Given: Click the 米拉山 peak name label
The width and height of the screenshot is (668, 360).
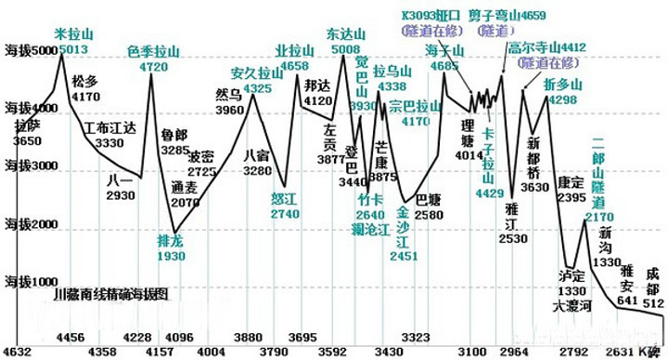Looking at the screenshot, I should point(75,32).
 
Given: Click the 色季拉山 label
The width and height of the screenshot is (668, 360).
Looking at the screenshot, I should point(153,51).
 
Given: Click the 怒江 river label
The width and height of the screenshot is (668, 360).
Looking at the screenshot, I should point(284,198).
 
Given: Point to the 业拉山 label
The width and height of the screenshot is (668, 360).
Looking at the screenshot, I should point(293,50).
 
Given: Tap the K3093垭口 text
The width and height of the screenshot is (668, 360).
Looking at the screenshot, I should point(430,15).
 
